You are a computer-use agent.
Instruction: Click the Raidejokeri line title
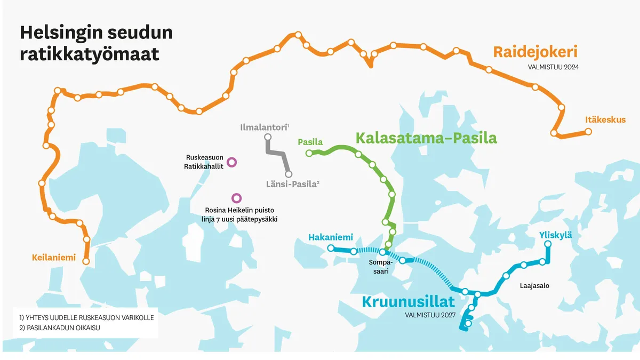535,52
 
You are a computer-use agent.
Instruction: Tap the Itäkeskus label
605,119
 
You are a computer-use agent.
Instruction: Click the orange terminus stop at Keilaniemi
86,261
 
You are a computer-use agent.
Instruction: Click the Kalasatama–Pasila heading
426,138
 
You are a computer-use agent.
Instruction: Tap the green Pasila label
310,142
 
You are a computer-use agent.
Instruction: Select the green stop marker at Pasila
309,154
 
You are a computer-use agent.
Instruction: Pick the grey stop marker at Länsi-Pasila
289,174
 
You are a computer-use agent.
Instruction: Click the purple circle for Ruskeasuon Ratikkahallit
231,162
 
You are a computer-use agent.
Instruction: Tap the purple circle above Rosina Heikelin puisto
236,198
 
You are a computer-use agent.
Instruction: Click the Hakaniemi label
331,237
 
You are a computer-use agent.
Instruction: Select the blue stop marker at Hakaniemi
331,248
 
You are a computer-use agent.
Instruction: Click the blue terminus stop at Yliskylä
547,244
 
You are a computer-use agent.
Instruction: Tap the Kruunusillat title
408,301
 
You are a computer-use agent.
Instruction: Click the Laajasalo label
534,286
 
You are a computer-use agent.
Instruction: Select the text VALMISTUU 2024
553,68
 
